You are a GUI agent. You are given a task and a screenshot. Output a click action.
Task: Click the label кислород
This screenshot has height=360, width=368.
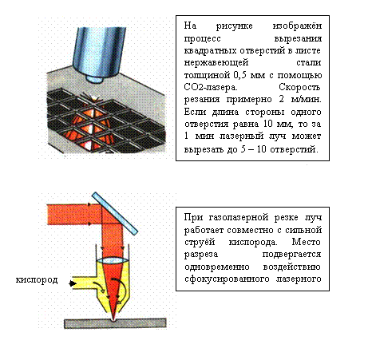[x=37, y=280]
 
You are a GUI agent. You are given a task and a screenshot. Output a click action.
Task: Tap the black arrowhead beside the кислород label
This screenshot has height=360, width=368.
[x=72, y=283]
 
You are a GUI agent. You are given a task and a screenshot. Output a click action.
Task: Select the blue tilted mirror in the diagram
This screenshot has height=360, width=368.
[x=115, y=213]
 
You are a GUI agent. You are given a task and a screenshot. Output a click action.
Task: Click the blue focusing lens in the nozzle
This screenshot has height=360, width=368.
[x=113, y=261]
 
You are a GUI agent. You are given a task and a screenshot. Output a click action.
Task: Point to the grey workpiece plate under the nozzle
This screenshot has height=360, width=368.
[x=115, y=323]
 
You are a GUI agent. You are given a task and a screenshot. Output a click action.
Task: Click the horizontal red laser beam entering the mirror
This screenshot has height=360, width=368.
[x=73, y=214]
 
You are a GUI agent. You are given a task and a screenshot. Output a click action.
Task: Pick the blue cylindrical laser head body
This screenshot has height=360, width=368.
[x=99, y=50]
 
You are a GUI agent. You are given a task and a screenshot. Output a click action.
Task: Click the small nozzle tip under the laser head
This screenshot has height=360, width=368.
[x=94, y=79]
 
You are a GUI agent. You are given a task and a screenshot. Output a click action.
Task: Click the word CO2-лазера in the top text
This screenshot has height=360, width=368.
[x=210, y=88]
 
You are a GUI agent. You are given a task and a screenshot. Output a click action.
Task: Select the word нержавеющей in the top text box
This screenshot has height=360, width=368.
[x=216, y=63]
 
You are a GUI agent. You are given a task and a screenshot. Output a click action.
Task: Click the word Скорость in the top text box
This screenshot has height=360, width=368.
[x=299, y=87]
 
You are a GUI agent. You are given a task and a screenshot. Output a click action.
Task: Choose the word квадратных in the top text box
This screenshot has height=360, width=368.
[x=210, y=50]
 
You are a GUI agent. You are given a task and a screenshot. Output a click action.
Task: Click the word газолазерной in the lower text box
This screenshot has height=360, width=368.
[x=239, y=218]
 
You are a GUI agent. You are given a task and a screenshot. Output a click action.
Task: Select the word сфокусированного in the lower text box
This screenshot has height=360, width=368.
[x=227, y=279]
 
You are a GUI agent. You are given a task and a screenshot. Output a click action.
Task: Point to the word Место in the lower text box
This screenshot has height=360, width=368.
[x=306, y=242]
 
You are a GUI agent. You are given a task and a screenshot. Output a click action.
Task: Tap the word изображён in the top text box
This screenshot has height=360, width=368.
[x=297, y=26]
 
